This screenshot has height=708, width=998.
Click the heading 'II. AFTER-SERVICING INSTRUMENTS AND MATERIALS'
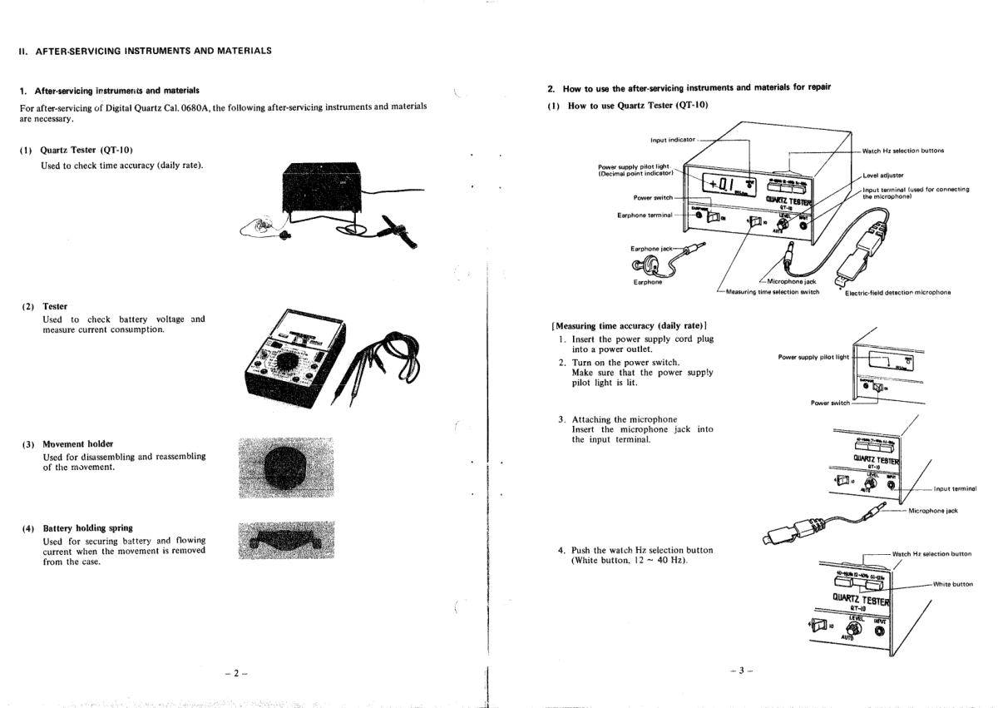pos(145,51)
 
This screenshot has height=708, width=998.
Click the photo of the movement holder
pos(285,468)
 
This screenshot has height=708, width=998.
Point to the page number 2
pos(236,673)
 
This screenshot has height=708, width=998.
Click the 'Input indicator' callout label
pos(674,140)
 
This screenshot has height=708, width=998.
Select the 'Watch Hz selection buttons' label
pos(902,151)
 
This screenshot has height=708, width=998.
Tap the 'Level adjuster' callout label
pos(882,175)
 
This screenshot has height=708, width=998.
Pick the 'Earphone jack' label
pos(654,248)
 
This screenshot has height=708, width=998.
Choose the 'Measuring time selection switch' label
pos(773,292)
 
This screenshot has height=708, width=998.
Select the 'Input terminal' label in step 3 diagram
pos(955,489)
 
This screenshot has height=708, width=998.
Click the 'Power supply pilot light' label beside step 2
pos(813,357)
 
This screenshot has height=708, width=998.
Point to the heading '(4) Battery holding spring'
pos(77,528)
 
